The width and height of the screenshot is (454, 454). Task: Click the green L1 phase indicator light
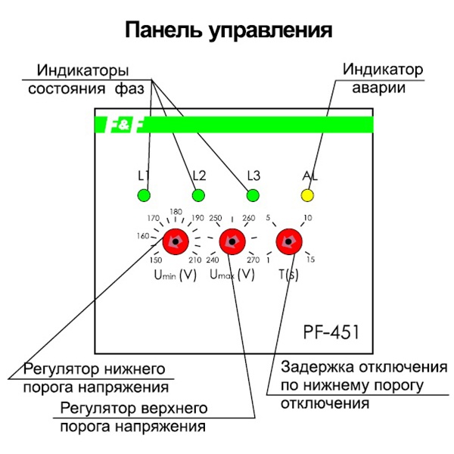pyautogui.click(x=143, y=197)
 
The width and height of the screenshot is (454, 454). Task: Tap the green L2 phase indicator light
pyautogui.click(x=198, y=197)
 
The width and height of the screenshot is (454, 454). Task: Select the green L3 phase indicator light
pyautogui.click(x=253, y=197)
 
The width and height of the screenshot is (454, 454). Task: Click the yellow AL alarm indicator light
pyautogui.click(x=307, y=197)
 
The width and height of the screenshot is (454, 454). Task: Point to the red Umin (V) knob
pyautogui.click(x=176, y=242)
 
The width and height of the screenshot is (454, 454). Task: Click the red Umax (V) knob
pyautogui.click(x=231, y=242)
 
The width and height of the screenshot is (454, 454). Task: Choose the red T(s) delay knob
pyautogui.click(x=287, y=242)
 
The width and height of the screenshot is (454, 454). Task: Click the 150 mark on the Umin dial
pyautogui.click(x=156, y=261)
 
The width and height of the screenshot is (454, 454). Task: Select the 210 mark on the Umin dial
pyautogui.click(x=194, y=261)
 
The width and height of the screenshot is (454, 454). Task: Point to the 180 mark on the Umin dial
pyautogui.click(x=176, y=212)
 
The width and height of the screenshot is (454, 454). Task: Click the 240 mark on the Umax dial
pyautogui.click(x=212, y=261)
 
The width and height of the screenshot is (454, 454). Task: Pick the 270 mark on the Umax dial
pyautogui.click(x=253, y=261)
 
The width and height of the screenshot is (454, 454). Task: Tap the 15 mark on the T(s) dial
pyautogui.click(x=309, y=260)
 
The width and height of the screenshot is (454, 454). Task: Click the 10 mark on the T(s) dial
pyautogui.click(x=307, y=219)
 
